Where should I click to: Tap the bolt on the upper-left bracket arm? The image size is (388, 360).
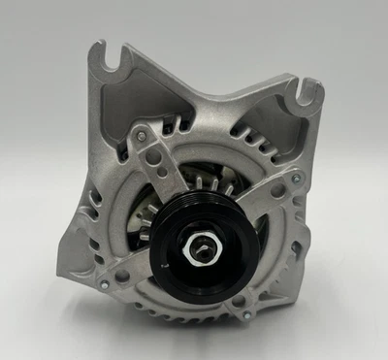pyautogui.click(x=144, y=137)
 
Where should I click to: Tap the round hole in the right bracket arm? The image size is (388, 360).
pyautogui.click(x=277, y=192)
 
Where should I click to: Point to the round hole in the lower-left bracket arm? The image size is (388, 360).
pyautogui.click(x=122, y=275)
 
